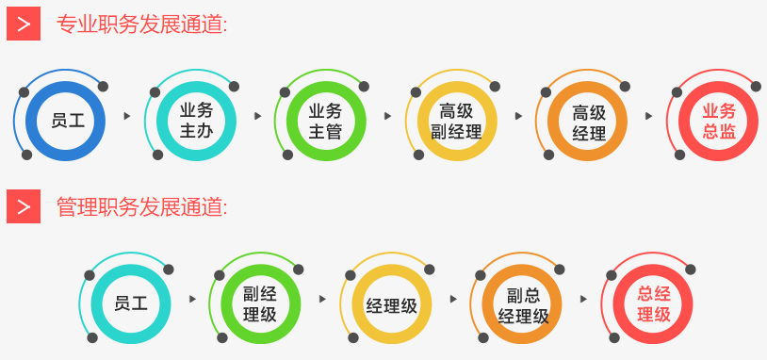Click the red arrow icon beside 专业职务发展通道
[24, 24]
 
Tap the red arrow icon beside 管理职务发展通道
[24, 205]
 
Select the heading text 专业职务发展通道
[142, 25]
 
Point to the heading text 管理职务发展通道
[142, 205]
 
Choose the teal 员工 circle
[130, 303]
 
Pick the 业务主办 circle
[196, 121]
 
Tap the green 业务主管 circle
[326, 121]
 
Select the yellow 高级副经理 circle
[456, 121]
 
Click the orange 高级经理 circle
[588, 121]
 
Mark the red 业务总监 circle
[719, 121]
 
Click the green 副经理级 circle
[260, 303]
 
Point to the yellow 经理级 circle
[391, 303]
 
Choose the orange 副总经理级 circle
[522, 303]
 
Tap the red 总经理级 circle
[653, 303]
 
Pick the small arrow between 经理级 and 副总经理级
[453, 299]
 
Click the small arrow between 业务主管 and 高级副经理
[387, 116]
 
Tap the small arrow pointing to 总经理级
[584, 299]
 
